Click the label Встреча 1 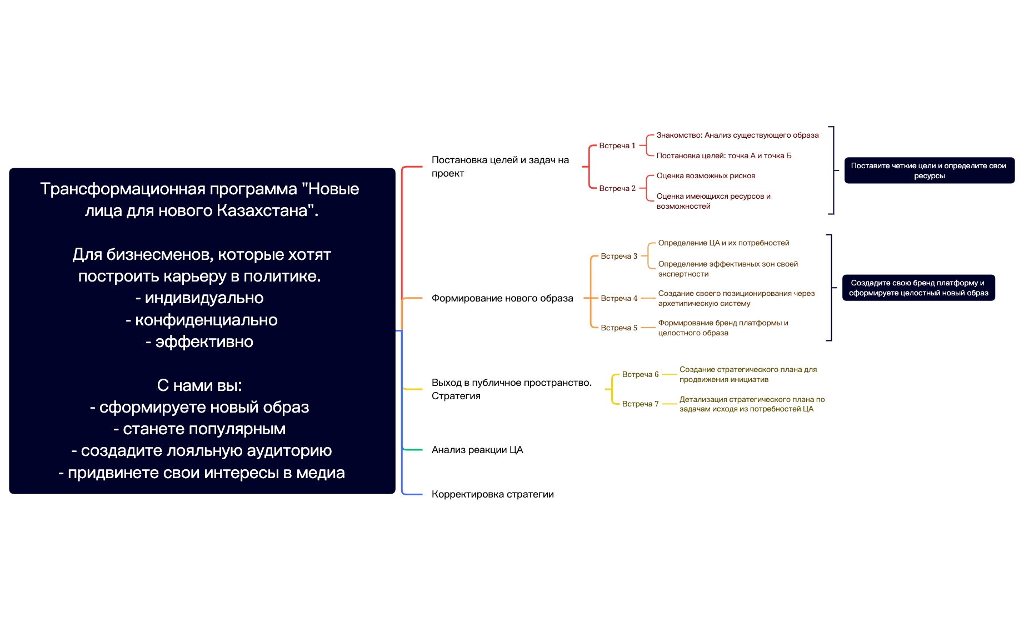click(x=617, y=146)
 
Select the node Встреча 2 click(x=617, y=189)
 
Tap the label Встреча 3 click(x=619, y=257)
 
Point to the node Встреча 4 click(x=619, y=299)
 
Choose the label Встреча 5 click(x=619, y=328)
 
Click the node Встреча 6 click(x=640, y=375)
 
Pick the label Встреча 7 click(x=640, y=404)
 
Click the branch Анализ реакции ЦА click(x=477, y=450)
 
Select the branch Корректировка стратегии click(x=492, y=494)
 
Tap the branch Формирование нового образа click(x=502, y=298)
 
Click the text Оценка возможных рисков click(x=706, y=176)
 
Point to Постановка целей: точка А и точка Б click(x=723, y=156)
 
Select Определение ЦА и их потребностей click(x=723, y=243)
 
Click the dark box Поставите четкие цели click(x=929, y=170)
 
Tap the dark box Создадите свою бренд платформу click(x=918, y=288)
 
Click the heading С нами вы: click(x=199, y=385)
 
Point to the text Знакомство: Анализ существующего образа click(x=737, y=135)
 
